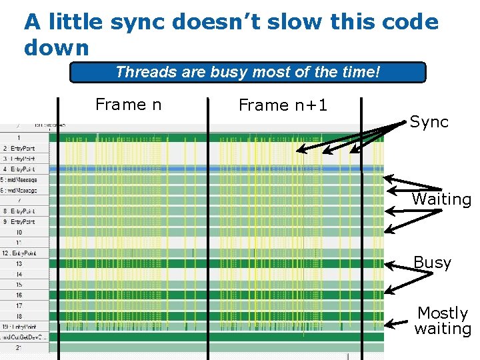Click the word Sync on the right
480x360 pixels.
[429, 122]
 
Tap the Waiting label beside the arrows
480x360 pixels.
[441, 199]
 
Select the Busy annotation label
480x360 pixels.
[432, 263]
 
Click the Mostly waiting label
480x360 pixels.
[443, 321]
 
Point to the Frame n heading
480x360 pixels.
[129, 105]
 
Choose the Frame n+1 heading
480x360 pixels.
[283, 105]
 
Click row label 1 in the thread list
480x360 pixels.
[19, 137]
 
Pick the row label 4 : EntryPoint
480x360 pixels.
[18, 169]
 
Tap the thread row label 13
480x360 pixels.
[19, 263]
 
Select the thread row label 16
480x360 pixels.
[19, 295]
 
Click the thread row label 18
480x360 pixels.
[19, 316]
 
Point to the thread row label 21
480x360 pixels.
[19, 347]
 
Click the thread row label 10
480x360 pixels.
[19, 232]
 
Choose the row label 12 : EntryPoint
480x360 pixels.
[18, 253]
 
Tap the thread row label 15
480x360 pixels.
[19, 285]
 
